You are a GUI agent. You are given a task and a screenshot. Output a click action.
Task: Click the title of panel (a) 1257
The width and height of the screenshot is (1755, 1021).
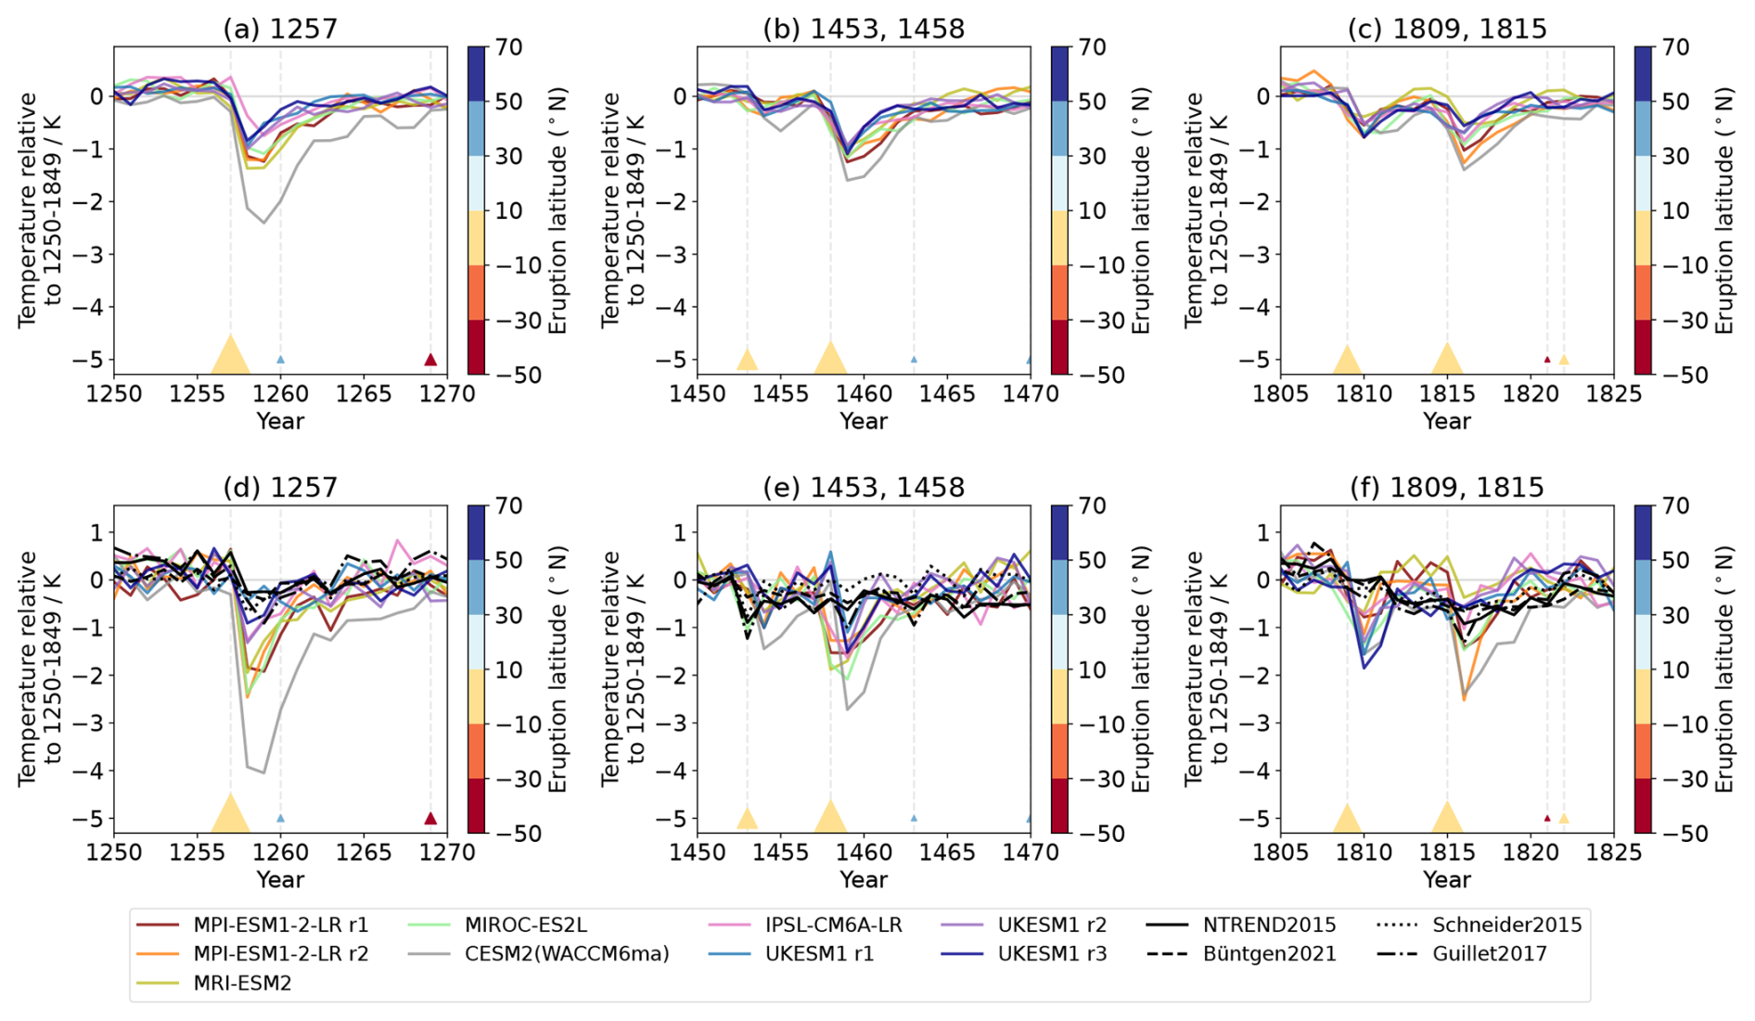280,29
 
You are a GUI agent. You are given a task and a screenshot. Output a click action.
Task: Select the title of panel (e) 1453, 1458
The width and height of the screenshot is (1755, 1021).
864,487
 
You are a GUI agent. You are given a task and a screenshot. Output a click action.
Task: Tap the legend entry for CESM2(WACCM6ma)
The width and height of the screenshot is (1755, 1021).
567,953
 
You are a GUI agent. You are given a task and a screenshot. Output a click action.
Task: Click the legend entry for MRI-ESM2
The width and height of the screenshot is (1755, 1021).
242,983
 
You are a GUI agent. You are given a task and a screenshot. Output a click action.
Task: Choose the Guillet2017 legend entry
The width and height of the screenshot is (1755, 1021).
1490,953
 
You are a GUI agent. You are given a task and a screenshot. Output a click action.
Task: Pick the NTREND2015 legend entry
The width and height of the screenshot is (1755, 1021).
1269,925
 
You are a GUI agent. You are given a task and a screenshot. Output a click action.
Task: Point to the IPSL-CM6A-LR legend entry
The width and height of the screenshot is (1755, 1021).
833,925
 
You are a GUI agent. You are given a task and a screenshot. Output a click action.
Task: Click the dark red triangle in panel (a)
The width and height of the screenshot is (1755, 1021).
430,359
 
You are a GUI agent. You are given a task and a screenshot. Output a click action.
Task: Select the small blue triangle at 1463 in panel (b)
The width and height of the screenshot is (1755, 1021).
914,359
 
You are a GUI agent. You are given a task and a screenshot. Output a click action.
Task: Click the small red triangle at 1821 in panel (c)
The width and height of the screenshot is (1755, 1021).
1547,359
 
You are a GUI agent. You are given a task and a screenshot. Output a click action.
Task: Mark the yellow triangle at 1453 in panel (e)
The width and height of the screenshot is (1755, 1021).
747,817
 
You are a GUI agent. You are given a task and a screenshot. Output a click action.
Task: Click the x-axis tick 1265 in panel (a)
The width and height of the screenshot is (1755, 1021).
364,394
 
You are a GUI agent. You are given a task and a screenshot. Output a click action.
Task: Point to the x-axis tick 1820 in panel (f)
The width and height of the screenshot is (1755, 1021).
1531,852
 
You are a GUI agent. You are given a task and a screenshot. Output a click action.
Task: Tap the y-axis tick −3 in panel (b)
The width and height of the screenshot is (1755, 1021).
680,254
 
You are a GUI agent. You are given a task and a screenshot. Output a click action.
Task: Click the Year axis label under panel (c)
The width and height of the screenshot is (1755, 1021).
1447,421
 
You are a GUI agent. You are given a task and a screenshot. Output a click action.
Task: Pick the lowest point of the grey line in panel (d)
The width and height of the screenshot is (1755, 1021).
263,772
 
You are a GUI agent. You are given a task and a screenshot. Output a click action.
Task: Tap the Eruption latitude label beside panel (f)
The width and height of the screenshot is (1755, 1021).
1724,669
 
